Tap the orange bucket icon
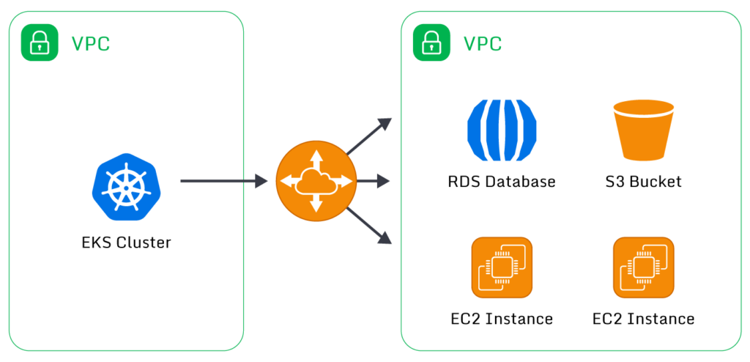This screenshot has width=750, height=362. (x=643, y=130)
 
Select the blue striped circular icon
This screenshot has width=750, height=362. (x=502, y=130)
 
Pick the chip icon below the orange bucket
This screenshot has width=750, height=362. (x=643, y=267)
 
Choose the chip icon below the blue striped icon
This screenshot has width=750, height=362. (x=502, y=267)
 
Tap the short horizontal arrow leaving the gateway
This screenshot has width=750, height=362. (x=374, y=181)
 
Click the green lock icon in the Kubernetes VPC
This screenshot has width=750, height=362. (x=39, y=43)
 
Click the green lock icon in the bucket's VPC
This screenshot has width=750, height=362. (x=431, y=43)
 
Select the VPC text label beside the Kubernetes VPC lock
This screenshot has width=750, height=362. (x=90, y=44)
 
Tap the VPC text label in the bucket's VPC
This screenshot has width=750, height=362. (x=483, y=44)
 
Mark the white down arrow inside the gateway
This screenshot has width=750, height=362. (x=316, y=206)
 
